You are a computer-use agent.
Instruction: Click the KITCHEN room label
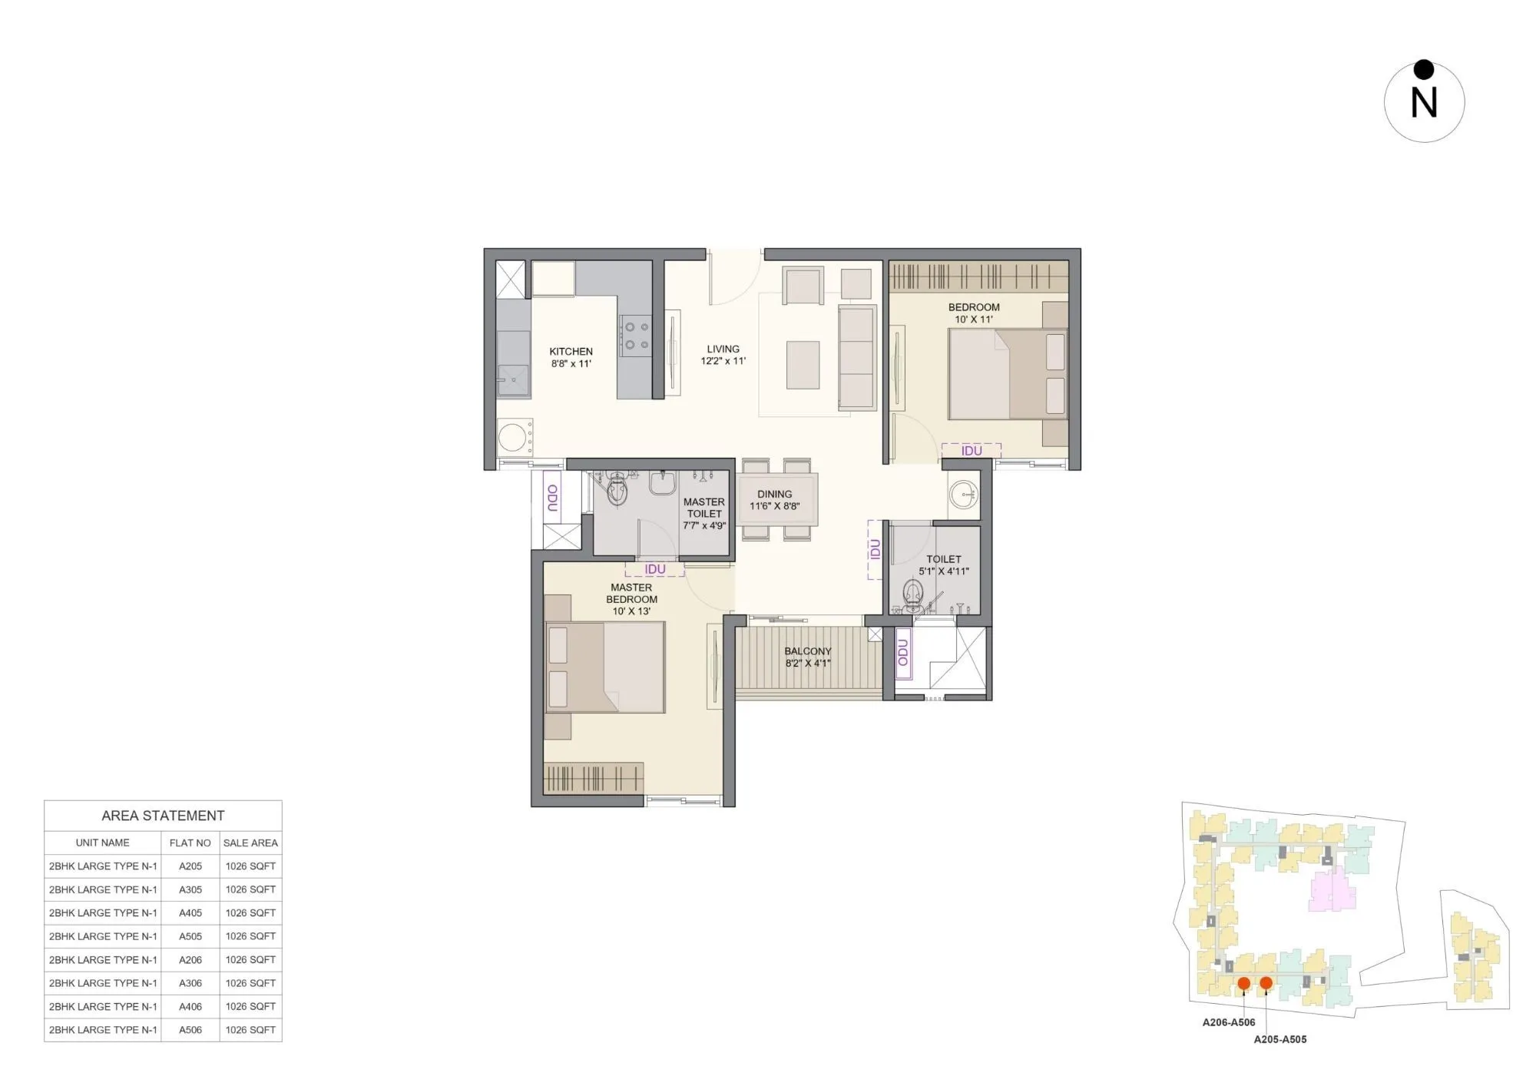(571, 357)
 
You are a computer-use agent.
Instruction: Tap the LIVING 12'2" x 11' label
(723, 355)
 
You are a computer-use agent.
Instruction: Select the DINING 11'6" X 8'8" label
(774, 500)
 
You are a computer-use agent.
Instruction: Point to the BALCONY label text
(807, 651)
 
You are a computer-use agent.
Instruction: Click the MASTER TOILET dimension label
(703, 514)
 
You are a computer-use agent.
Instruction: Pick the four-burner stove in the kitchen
(636, 336)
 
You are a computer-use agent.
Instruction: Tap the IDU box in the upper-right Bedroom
(971, 451)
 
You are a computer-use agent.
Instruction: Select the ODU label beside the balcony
(903, 653)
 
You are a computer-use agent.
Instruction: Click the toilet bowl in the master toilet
(617, 488)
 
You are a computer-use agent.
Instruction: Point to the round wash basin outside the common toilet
(963, 495)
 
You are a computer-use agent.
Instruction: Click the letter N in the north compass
(1424, 103)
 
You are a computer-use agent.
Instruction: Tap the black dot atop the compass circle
(1424, 70)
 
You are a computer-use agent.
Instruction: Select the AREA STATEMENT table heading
(163, 816)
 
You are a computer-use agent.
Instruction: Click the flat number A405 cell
(190, 912)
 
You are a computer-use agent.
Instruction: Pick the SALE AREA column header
(250, 843)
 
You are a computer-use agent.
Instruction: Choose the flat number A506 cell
(190, 1030)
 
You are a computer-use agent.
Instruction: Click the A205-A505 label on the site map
(1279, 1039)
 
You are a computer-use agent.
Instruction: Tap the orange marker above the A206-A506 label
(1243, 983)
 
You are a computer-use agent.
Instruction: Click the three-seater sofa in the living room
(856, 358)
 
